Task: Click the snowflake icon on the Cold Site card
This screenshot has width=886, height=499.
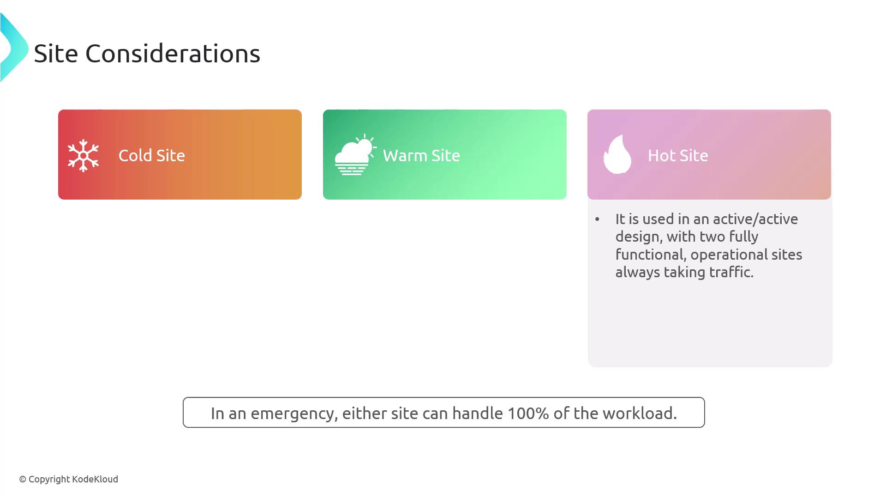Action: pyautogui.click(x=83, y=156)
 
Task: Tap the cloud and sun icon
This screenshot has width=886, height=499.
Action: pyautogui.click(x=355, y=154)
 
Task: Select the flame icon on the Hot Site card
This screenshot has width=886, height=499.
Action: pyautogui.click(x=617, y=154)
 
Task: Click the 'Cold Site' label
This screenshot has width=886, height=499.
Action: pyautogui.click(x=152, y=156)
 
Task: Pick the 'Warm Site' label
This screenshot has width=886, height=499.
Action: pyautogui.click(x=421, y=156)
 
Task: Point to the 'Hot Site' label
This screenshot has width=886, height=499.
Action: pyautogui.click(x=678, y=156)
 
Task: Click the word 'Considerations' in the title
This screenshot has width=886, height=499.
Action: pyautogui.click(x=173, y=54)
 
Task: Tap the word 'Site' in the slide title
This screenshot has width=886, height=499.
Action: pyautogui.click(x=56, y=54)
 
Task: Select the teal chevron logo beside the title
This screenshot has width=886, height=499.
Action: pyautogui.click(x=14, y=48)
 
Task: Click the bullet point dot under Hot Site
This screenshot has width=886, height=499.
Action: pyautogui.click(x=597, y=219)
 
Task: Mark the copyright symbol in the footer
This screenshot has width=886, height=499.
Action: pyautogui.click(x=23, y=480)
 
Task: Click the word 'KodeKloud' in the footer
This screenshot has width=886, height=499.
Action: pyautogui.click(x=95, y=479)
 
